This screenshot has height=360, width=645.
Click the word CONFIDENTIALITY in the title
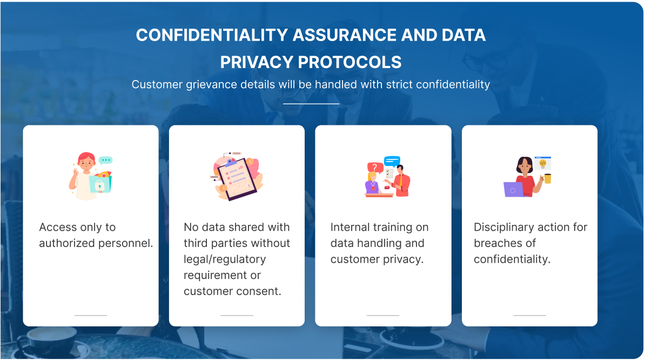click(x=212, y=35)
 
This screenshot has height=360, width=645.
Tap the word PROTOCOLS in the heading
click(x=349, y=63)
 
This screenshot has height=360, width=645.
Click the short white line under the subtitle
click(x=311, y=104)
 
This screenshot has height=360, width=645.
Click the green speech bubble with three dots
click(x=106, y=160)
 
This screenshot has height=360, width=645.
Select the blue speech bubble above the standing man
click(x=392, y=161)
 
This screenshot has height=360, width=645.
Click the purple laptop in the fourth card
click(x=513, y=190)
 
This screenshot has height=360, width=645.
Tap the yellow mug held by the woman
click(x=547, y=178)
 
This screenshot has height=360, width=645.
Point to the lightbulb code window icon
click(x=542, y=163)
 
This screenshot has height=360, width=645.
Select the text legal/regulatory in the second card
click(x=225, y=259)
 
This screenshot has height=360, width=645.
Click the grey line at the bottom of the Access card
click(x=91, y=315)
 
